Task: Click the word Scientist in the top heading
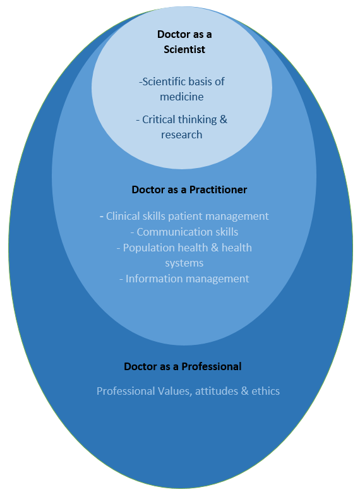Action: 184,49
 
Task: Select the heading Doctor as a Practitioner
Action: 189,189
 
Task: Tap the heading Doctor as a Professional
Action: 183,366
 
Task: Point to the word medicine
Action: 182,97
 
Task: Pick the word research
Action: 182,135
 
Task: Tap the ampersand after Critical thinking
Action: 224,119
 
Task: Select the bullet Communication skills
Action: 184,232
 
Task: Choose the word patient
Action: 183,217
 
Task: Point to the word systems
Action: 184,263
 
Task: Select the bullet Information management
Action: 184,279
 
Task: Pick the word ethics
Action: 266,391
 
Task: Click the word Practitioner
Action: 219,189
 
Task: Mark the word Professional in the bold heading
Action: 212,366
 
